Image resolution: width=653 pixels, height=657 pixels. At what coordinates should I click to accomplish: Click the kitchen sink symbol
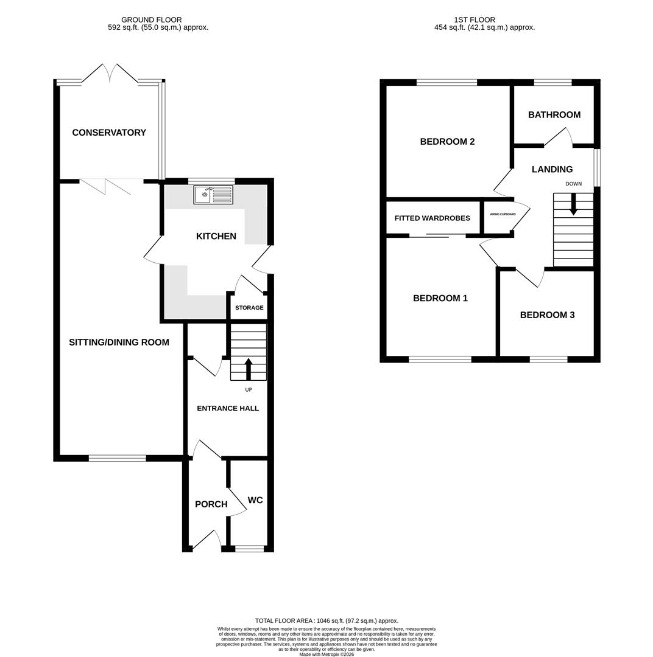[213, 195]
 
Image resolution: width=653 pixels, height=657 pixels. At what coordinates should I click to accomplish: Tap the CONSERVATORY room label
[109, 133]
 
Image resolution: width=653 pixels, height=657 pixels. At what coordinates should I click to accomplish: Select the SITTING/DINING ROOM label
[119, 342]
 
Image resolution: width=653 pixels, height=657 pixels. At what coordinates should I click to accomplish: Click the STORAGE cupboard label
[249, 308]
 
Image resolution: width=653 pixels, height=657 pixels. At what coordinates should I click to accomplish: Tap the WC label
[255, 500]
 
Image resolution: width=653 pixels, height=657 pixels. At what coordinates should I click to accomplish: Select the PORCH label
[211, 504]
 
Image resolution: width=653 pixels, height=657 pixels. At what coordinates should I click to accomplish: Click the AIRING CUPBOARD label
[503, 214]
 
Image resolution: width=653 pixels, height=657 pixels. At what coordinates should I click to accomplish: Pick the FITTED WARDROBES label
[432, 218]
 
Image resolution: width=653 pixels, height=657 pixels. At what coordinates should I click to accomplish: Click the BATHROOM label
[554, 115]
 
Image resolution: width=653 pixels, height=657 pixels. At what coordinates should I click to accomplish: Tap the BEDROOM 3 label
[547, 315]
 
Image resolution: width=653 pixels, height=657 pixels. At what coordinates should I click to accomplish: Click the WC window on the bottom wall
[250, 549]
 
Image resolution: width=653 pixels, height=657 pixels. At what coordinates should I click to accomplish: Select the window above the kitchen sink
[211, 181]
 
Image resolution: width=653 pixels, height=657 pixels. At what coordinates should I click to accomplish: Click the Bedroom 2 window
[447, 83]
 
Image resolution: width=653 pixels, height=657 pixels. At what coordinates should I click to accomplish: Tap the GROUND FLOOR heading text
[151, 20]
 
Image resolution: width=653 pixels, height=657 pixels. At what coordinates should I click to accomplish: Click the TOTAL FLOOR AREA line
[326, 621]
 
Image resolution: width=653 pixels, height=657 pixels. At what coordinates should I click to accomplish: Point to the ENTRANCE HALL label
[228, 408]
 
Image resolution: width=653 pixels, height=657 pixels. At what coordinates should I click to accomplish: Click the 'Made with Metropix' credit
[326, 654]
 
